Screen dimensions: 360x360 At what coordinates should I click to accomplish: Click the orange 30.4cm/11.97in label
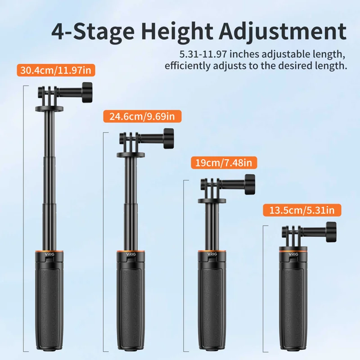click(x=56, y=70)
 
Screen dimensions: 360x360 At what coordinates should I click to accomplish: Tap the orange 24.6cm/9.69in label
click(x=142, y=117)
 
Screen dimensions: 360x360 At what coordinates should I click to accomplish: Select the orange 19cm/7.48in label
click(x=224, y=163)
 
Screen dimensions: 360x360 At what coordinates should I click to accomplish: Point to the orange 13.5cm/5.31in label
click(x=302, y=210)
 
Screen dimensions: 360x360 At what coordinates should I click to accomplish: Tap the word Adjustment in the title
click(x=283, y=31)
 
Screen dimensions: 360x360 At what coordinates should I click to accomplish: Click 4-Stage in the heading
click(x=93, y=31)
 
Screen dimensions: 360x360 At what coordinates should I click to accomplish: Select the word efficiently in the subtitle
click(x=188, y=66)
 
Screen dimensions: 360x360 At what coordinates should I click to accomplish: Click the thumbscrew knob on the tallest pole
click(x=87, y=92)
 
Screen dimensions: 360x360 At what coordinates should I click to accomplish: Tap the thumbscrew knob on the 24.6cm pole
click(x=168, y=139)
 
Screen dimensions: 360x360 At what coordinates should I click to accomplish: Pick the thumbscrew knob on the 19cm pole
click(x=250, y=184)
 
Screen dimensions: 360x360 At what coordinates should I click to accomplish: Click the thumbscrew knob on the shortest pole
click(x=331, y=232)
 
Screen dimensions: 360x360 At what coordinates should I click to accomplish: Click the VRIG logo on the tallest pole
click(x=49, y=254)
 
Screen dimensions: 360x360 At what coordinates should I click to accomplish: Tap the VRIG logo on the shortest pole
click(x=293, y=254)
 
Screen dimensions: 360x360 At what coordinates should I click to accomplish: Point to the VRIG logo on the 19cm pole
click(x=212, y=254)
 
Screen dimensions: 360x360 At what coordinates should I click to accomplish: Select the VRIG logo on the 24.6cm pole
click(x=130, y=254)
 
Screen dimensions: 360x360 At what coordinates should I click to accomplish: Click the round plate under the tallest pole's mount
click(x=49, y=108)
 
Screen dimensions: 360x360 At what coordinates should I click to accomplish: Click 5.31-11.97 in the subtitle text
click(x=203, y=54)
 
